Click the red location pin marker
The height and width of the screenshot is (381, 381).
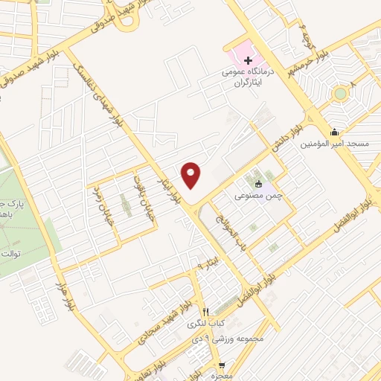pos(192,176)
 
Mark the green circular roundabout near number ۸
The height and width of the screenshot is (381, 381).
pos(339,94)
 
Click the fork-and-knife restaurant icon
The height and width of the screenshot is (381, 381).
pos(205,312)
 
